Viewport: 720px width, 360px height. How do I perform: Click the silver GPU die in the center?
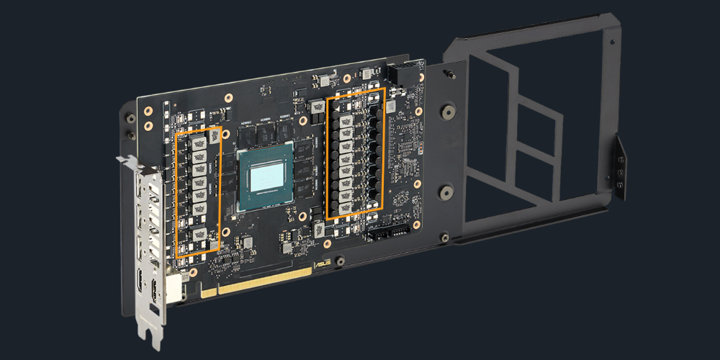click(265, 176)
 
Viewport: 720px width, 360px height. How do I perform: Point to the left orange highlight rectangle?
click(198, 192)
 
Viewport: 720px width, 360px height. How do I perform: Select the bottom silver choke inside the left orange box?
click(201, 234)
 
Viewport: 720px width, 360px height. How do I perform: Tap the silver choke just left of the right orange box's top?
click(318, 107)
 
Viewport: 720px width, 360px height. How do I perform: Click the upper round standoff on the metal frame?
click(449, 112)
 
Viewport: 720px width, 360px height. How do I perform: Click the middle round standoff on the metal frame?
click(446, 193)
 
